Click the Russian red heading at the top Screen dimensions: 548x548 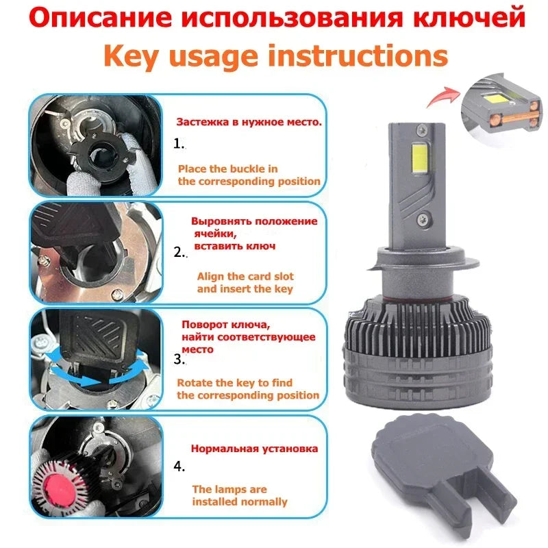point(274,18)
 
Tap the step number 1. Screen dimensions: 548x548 point(179,144)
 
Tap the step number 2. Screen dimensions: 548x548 point(179,252)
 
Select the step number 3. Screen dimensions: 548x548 point(179,358)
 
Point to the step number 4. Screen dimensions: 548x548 point(179,467)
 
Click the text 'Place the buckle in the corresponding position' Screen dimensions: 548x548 point(249,175)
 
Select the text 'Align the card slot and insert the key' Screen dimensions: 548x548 point(245,282)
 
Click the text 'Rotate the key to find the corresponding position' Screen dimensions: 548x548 point(248,388)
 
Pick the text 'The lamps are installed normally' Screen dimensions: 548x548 point(239,495)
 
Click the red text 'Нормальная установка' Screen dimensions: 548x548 point(253,449)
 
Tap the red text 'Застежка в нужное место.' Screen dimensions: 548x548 point(249,123)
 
